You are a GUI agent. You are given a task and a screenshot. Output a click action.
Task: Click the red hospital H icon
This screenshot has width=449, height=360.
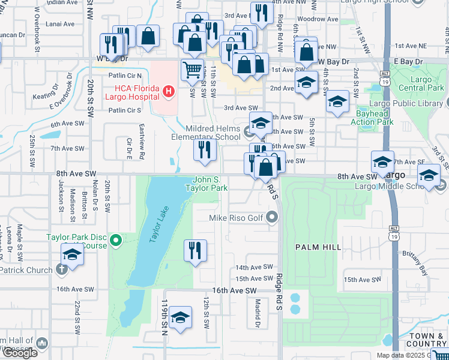click(x=169, y=92)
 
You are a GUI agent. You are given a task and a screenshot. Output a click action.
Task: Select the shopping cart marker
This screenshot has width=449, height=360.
click(x=192, y=70)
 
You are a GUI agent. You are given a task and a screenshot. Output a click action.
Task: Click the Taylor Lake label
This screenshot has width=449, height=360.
click(x=159, y=223)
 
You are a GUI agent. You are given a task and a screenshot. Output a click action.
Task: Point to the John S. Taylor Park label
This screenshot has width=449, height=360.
click(x=210, y=184)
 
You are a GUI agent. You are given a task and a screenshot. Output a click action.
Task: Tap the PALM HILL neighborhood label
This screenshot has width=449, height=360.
click(x=318, y=247)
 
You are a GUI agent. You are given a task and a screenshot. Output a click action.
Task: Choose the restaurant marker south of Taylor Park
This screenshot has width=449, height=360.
click(x=194, y=250)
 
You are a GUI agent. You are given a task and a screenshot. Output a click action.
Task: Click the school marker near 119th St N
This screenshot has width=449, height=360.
click(x=180, y=318)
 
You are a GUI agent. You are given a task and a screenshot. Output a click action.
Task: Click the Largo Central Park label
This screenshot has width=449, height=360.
click(x=426, y=84)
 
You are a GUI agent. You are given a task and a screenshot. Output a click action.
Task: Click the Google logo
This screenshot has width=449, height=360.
click(x=20, y=353)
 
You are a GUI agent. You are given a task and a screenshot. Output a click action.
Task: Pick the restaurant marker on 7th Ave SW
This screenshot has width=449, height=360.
click(x=205, y=151)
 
